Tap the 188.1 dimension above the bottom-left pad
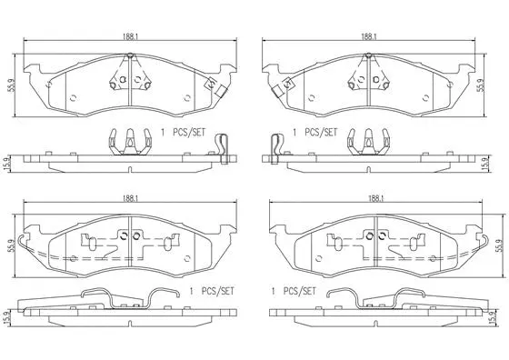pos(131,196)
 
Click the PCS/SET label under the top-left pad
pos(187,132)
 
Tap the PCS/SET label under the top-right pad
pos(318,132)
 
